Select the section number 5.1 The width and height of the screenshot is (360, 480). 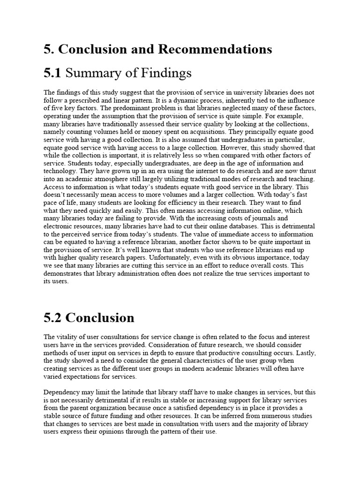click(52, 73)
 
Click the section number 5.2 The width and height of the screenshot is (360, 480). click(52, 318)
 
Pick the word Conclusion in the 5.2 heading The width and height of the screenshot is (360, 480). click(100, 318)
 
